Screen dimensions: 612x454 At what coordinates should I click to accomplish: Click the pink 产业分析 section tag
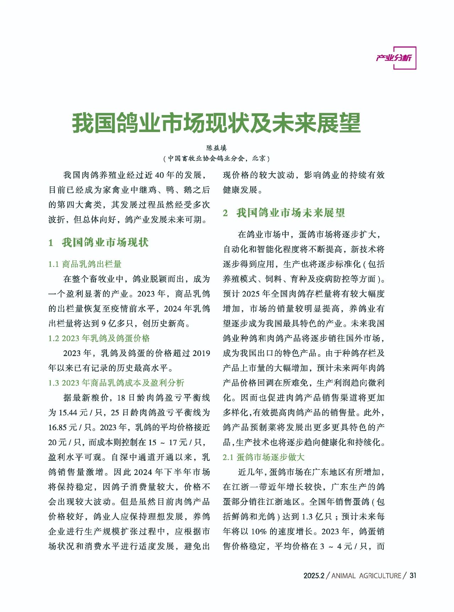pyautogui.click(x=394, y=58)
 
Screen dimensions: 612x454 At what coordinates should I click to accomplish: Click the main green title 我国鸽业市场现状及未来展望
pyautogui.click(x=216, y=123)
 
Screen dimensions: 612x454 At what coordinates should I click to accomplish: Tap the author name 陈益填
pyautogui.click(x=216, y=148)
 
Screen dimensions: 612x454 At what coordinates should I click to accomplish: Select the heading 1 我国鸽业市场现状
pyautogui.click(x=99, y=242)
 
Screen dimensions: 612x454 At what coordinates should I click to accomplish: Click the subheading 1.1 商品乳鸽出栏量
pyautogui.click(x=85, y=264)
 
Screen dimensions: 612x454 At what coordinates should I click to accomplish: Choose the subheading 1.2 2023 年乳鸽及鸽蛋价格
pyautogui.click(x=99, y=338)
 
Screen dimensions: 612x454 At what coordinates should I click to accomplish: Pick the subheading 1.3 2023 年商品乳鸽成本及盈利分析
pyautogui.click(x=116, y=383)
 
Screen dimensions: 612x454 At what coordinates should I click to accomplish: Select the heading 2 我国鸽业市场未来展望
pyautogui.click(x=284, y=213)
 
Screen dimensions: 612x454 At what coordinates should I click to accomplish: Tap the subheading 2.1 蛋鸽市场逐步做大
pyautogui.click(x=263, y=457)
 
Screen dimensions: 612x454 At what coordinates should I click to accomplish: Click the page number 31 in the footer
pyautogui.click(x=412, y=575)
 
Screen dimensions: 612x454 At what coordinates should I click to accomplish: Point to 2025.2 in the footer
pyautogui.click(x=314, y=576)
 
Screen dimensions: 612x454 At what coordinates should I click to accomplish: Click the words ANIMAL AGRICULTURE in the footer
pyautogui.click(x=366, y=576)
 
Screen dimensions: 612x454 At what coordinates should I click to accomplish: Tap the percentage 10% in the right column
pyautogui.click(x=259, y=531)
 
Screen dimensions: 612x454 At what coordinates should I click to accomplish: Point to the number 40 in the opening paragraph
pyautogui.click(x=159, y=175)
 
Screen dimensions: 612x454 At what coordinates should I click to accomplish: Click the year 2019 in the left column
pyautogui.click(x=201, y=353)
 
